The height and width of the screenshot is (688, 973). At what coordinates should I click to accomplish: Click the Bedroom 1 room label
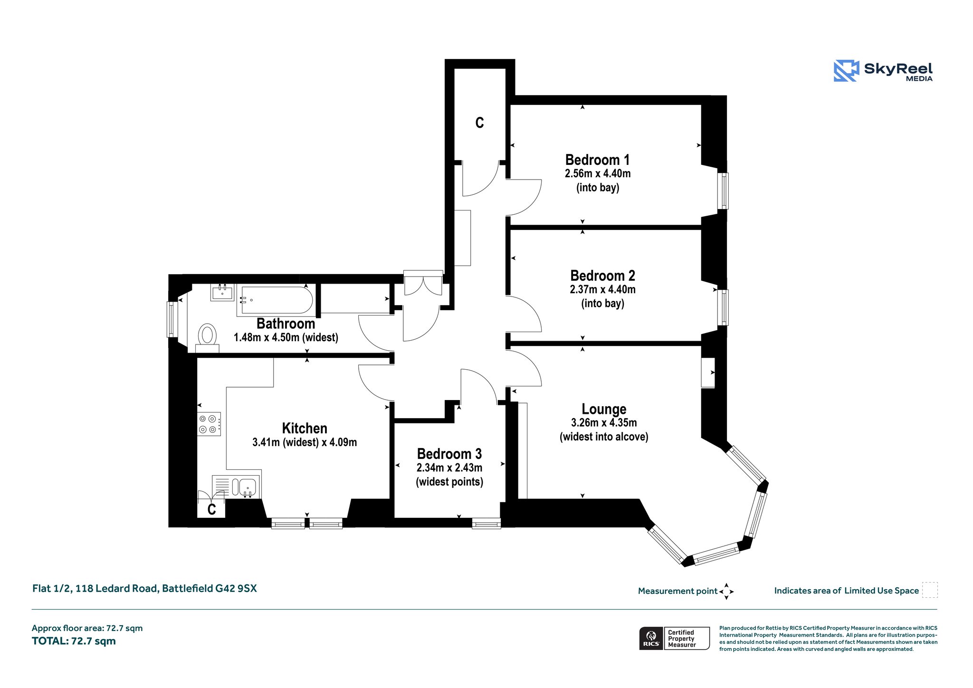click(x=597, y=160)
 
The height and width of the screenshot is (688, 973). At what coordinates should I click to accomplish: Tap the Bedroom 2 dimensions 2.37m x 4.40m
click(x=602, y=289)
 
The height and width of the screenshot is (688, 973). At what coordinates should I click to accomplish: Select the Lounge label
click(x=604, y=409)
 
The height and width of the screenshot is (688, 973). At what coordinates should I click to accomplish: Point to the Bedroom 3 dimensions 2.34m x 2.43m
click(x=449, y=468)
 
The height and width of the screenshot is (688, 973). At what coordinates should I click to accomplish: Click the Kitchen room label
click(x=305, y=428)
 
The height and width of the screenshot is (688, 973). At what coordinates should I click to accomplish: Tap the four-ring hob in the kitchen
click(x=209, y=424)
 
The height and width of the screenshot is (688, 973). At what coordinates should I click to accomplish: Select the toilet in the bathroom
click(x=207, y=337)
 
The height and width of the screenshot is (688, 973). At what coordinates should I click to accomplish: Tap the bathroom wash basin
click(x=222, y=292)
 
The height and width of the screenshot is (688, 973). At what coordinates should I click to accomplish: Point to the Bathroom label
click(x=286, y=324)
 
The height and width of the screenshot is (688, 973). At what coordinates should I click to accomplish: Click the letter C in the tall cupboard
click(x=479, y=123)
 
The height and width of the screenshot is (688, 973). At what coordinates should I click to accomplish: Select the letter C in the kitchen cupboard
click(x=212, y=509)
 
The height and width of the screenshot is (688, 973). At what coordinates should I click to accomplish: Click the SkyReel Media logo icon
click(x=846, y=71)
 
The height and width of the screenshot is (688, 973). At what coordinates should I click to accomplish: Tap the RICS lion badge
click(x=651, y=638)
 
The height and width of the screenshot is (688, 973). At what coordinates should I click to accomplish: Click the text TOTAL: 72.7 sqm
click(x=74, y=641)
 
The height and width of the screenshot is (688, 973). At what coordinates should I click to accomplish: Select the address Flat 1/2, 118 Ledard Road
click(x=95, y=588)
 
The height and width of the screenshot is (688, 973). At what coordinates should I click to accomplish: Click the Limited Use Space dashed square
click(x=930, y=590)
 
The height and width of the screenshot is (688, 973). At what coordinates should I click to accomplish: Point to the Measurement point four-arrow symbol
click(x=726, y=592)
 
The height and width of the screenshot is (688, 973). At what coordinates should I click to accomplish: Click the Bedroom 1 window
click(x=723, y=191)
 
